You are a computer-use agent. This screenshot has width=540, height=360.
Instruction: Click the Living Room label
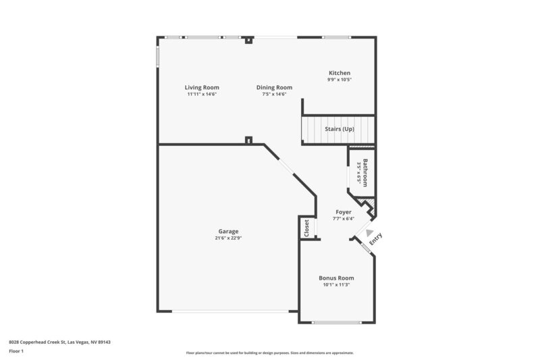point(202,87)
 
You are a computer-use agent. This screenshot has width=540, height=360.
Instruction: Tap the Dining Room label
point(274,87)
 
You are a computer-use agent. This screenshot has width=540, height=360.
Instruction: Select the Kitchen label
point(340,73)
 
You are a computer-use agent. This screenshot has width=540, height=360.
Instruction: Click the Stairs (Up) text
point(340,129)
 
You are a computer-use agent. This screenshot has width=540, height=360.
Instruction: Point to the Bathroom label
point(365,173)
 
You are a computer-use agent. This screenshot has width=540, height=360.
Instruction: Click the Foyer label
point(343,212)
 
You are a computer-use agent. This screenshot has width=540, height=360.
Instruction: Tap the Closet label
point(307,228)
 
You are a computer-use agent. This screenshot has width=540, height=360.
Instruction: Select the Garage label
point(227,231)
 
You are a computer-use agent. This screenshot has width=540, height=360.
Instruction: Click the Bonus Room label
point(336,278)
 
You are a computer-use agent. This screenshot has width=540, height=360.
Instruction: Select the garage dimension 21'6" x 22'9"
point(228,238)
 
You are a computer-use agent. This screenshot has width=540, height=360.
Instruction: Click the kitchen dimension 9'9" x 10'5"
point(340,80)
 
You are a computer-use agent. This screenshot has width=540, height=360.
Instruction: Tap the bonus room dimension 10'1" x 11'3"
point(336,284)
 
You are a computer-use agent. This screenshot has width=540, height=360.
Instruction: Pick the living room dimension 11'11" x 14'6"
point(202,94)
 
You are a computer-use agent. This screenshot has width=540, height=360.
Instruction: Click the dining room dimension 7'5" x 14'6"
point(274,94)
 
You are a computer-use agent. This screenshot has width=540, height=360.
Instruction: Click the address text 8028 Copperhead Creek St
point(59,342)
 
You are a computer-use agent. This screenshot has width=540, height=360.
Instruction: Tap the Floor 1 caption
point(16,351)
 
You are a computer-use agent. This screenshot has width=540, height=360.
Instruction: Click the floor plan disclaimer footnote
point(269,353)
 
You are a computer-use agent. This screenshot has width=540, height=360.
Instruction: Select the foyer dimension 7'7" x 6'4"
point(343,219)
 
